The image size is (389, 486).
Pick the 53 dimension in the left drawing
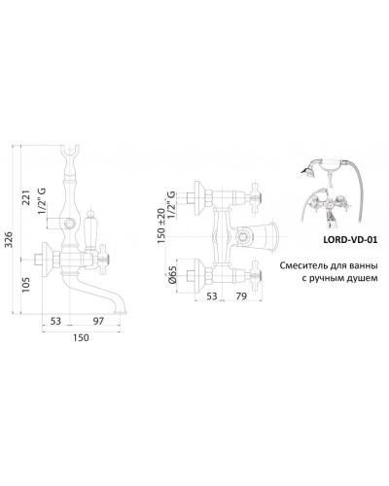click(x=55, y=321)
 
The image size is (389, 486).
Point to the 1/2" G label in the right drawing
click(x=172, y=206)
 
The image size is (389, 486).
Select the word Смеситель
click(x=304, y=263)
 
